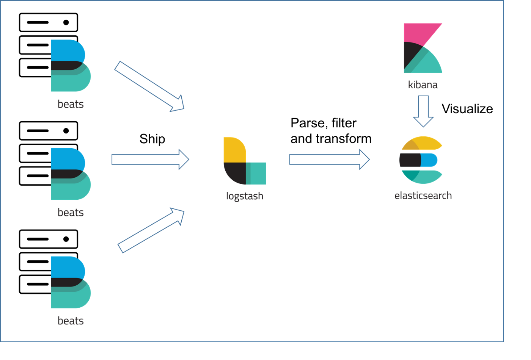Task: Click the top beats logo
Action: (x=70, y=66)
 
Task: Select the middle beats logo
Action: (x=70, y=174)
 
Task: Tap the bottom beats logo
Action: (x=70, y=282)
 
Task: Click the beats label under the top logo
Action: (x=71, y=104)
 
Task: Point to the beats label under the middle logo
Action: (x=71, y=212)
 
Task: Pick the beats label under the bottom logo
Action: (x=71, y=321)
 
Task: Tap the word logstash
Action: (x=245, y=196)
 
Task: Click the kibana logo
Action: (x=422, y=48)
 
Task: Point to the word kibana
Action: (x=423, y=85)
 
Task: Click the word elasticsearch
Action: (x=423, y=196)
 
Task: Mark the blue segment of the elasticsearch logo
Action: (x=430, y=160)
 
